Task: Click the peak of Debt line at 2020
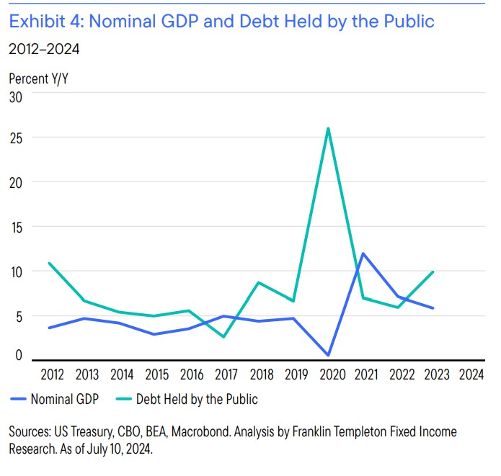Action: [x=328, y=129]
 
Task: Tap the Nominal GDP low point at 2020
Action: [x=328, y=355]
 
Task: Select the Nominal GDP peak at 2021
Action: [x=363, y=253]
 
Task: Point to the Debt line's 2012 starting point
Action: [x=48, y=263]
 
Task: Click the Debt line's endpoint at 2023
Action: [x=433, y=272]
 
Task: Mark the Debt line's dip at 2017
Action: [x=223, y=336]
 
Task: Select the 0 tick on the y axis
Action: [x=19, y=355]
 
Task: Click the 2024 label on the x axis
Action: [x=471, y=374]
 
